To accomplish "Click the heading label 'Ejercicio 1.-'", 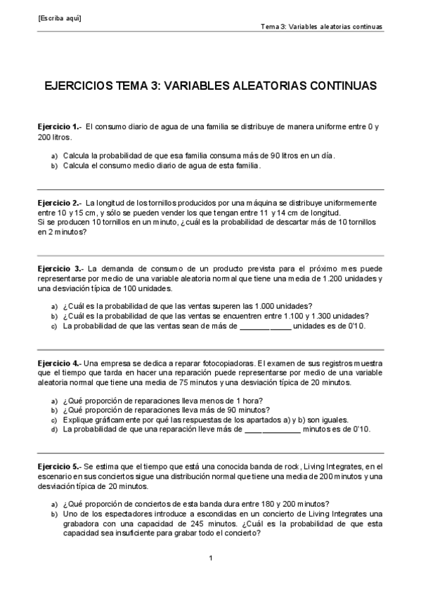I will (x=59, y=126).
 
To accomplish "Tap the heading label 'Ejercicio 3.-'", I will (x=60, y=269).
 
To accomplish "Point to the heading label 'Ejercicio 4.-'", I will (x=59, y=363).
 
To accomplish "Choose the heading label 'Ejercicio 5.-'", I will (x=59, y=465).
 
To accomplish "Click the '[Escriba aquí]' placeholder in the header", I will (x=60, y=18).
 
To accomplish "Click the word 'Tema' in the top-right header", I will (x=270, y=27).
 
